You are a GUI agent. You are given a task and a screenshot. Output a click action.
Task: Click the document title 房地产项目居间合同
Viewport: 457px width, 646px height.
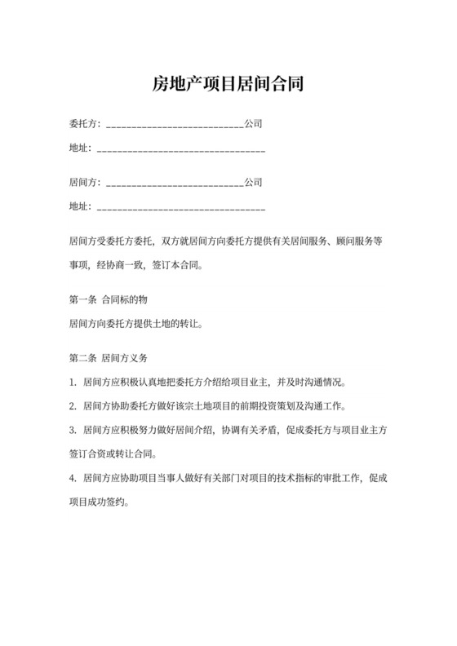(x=228, y=84)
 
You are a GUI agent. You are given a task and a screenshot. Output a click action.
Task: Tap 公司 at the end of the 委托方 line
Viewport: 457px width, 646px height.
(x=254, y=126)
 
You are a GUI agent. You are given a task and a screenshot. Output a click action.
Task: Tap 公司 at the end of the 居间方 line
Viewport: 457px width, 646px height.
(x=254, y=184)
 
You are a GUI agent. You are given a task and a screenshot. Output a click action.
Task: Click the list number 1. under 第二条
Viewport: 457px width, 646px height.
(x=73, y=382)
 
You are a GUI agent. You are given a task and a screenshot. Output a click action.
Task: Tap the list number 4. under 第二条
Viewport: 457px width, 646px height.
(x=73, y=478)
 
